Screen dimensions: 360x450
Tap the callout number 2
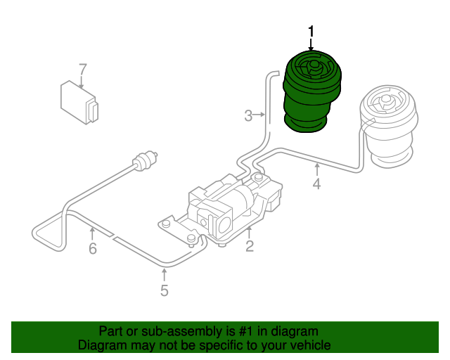[250, 245]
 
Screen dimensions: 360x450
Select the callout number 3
[248, 115]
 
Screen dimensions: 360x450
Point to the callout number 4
[316, 185]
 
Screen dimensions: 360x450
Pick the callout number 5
[164, 290]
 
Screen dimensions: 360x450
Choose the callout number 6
[92, 249]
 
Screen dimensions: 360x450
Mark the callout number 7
[82, 70]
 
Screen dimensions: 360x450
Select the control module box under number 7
[79, 102]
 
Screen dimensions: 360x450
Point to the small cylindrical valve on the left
[145, 162]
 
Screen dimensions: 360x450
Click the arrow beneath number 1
[311, 44]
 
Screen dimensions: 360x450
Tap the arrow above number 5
[164, 274]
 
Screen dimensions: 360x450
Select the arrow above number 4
[316, 169]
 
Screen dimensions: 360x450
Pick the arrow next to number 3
[259, 115]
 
